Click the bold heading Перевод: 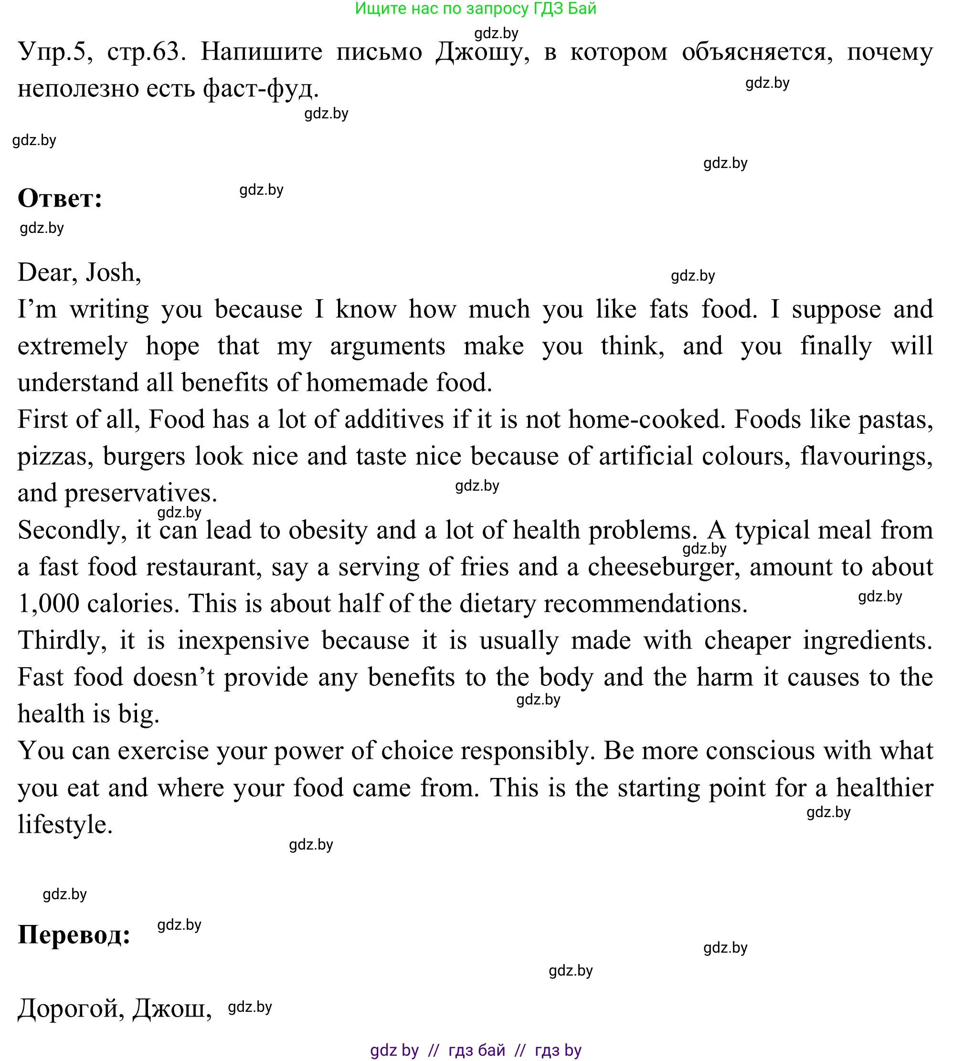74,935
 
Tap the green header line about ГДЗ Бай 476,9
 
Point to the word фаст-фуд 260,89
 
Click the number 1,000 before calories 48,603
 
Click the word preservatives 140,494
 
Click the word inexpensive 243,640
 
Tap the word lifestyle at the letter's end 65,824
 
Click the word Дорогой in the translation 71,1008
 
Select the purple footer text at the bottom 476,1050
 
